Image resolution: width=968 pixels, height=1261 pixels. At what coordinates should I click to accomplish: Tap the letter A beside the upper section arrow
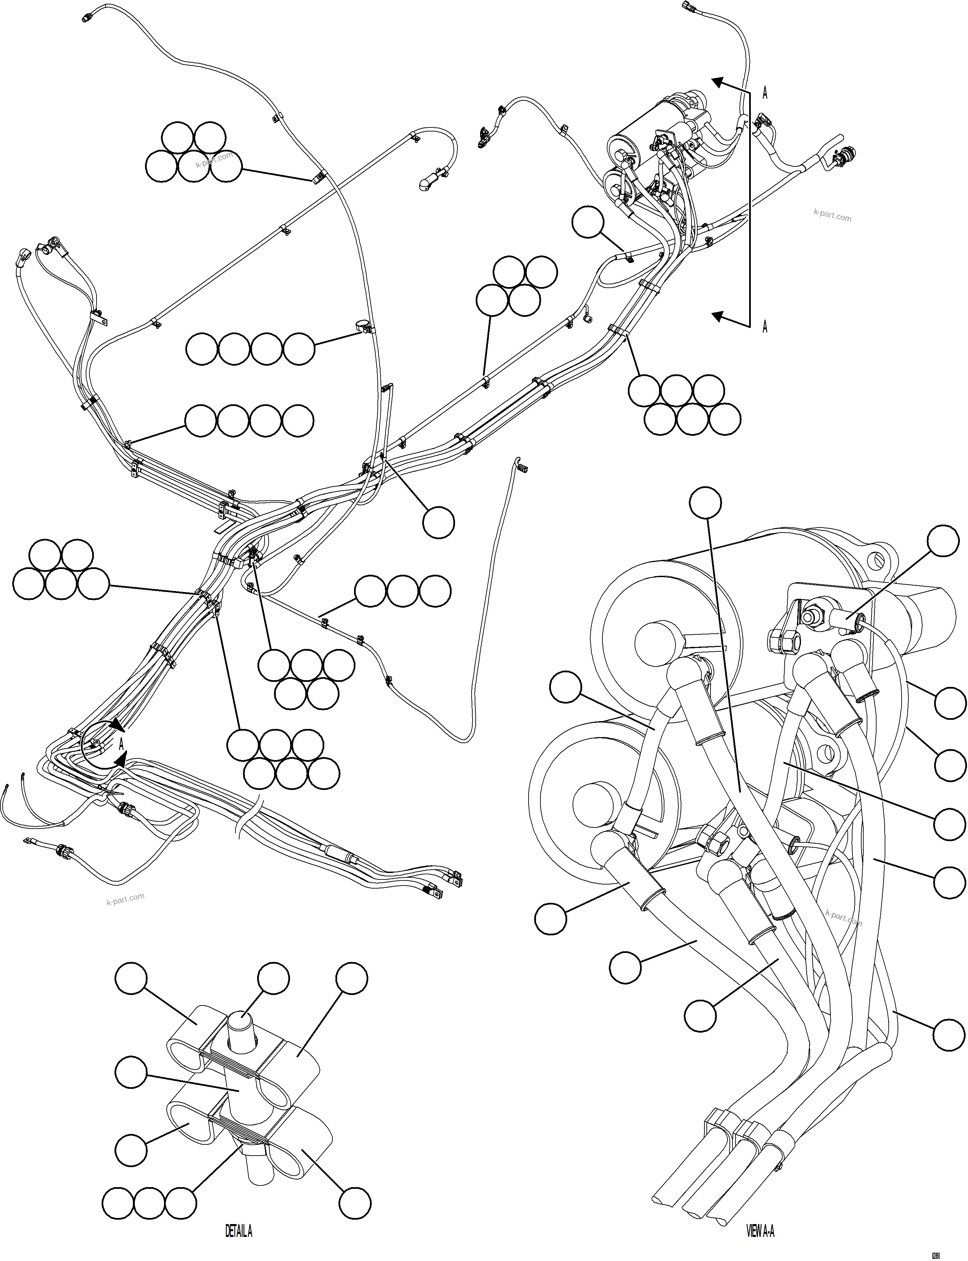[765, 94]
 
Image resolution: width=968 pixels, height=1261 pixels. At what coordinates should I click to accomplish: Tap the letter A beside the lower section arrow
[765, 327]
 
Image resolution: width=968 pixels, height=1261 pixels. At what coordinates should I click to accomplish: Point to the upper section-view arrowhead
[717, 82]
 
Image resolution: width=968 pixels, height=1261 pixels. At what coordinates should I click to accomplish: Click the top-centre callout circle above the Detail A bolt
[273, 978]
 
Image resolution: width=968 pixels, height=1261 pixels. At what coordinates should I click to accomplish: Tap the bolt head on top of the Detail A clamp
[242, 1023]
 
